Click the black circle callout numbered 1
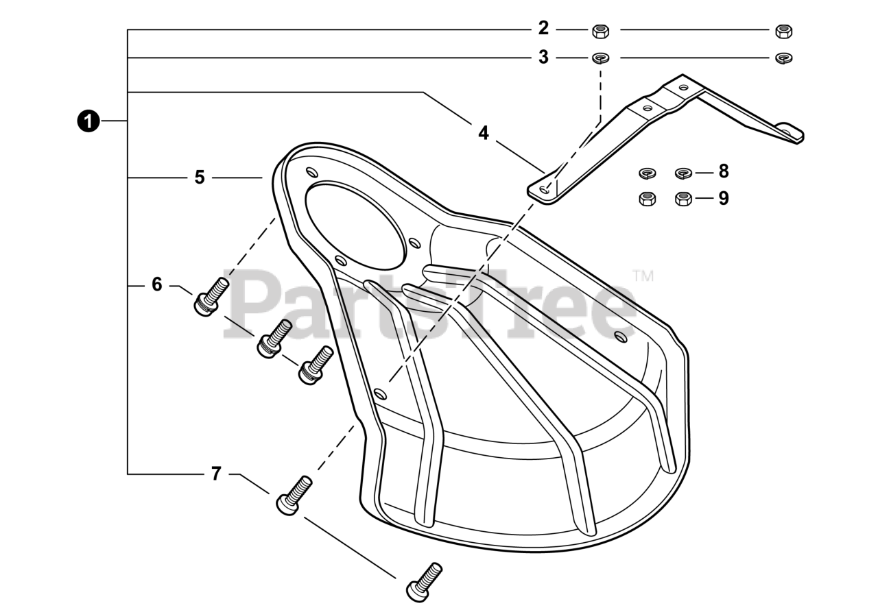pyautogui.click(x=87, y=121)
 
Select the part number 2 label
pyautogui.click(x=543, y=29)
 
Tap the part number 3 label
pyautogui.click(x=543, y=58)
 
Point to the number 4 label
pyautogui.click(x=484, y=133)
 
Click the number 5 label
pyautogui.click(x=200, y=178)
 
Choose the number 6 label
pyautogui.click(x=157, y=284)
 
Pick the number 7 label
pyautogui.click(x=216, y=474)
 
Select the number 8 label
pyautogui.click(x=723, y=171)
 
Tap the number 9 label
pyautogui.click(x=723, y=199)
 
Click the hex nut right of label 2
pyautogui.click(x=600, y=30)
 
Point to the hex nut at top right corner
pyautogui.click(x=783, y=31)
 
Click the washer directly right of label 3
pyautogui.click(x=601, y=58)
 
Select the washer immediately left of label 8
pyautogui.click(x=684, y=171)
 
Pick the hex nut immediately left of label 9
pyautogui.click(x=683, y=199)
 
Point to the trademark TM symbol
pyautogui.click(x=643, y=276)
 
